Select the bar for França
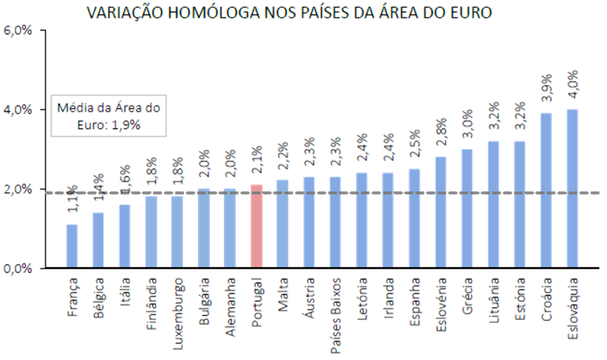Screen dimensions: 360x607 click(x=72, y=245)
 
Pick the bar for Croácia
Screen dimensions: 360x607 click(x=546, y=190)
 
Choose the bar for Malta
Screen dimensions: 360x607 click(x=283, y=223)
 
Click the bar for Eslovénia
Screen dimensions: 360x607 click(x=441, y=212)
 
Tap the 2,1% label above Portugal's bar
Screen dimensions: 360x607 click(x=256, y=169)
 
